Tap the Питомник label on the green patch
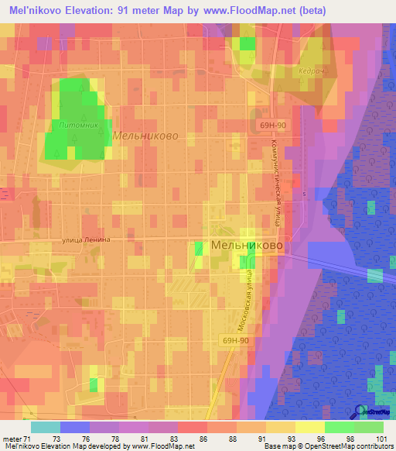tap(74, 124)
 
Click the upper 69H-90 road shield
tap(272, 124)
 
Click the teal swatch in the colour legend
tap(45, 427)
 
